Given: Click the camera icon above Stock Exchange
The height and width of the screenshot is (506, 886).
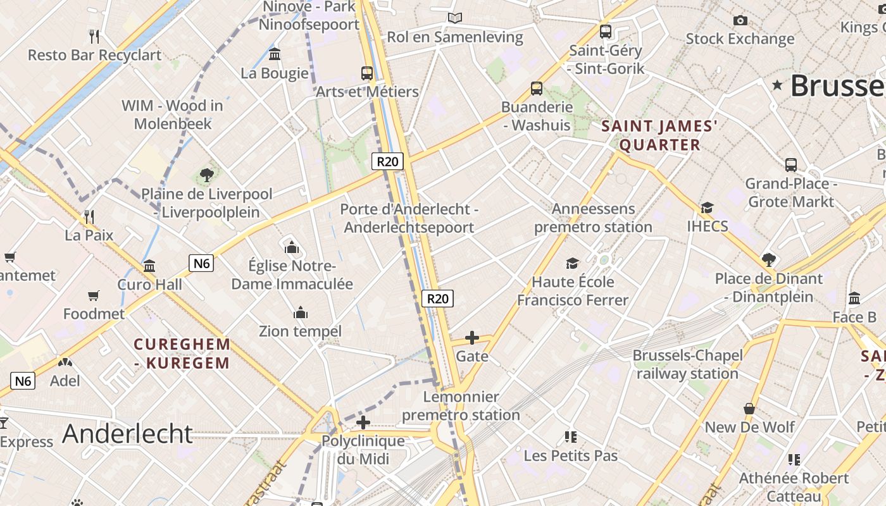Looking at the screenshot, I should (x=740, y=20).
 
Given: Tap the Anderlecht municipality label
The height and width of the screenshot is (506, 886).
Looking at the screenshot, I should (x=127, y=434).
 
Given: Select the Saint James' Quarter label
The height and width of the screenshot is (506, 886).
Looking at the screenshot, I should (x=659, y=135).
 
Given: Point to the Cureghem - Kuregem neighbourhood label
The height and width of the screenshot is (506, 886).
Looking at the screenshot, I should (x=182, y=354).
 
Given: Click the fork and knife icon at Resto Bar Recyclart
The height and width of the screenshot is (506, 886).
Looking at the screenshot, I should (x=95, y=35).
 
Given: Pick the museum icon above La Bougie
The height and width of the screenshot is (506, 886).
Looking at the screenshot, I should (x=275, y=54).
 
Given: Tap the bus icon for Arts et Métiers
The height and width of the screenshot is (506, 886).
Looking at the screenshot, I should (x=367, y=73).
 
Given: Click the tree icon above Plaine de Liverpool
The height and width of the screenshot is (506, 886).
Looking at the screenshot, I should (x=206, y=175).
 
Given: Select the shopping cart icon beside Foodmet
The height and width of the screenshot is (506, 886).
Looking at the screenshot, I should (x=94, y=295).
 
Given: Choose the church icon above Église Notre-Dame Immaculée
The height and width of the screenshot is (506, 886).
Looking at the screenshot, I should (x=292, y=247).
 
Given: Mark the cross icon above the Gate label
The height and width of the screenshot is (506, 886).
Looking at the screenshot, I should (x=472, y=338).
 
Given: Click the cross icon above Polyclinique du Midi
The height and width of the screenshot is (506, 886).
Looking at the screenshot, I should (x=363, y=422).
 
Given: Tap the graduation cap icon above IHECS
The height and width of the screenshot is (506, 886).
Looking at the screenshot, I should (x=707, y=207).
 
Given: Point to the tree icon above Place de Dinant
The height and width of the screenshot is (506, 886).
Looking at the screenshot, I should (x=769, y=259).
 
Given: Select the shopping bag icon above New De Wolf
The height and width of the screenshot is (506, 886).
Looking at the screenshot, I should (x=749, y=409).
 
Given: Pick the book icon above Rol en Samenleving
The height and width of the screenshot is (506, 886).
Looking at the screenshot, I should (x=455, y=18).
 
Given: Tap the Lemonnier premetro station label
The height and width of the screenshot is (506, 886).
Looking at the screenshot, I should (x=461, y=406).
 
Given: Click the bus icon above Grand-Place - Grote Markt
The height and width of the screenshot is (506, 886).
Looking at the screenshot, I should (x=791, y=165).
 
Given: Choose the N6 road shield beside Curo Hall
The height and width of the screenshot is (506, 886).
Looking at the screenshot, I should (x=201, y=262).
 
